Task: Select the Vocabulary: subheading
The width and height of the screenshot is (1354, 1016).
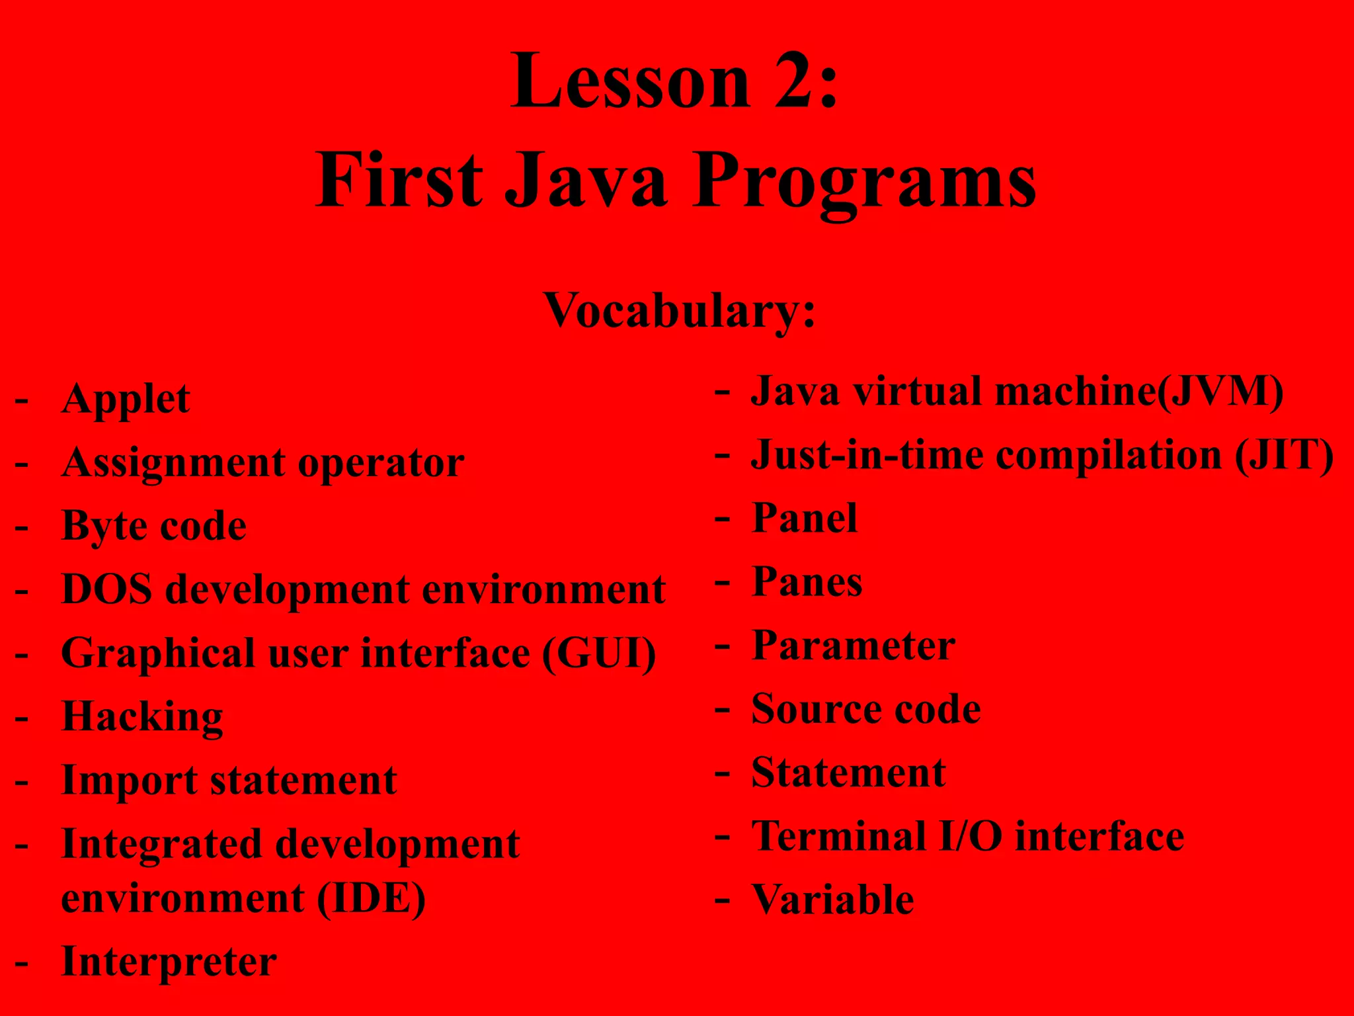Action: (x=679, y=310)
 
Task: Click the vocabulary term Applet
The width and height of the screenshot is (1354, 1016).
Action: (x=126, y=399)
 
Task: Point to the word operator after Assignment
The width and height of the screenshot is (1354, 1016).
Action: (x=381, y=463)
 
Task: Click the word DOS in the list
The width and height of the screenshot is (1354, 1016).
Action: (x=106, y=589)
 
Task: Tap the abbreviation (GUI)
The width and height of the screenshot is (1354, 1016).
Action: (x=599, y=654)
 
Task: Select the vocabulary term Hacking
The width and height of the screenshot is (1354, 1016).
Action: (x=142, y=717)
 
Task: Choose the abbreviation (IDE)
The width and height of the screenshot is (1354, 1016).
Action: (x=371, y=898)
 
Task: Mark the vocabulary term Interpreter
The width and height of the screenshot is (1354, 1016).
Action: (x=169, y=962)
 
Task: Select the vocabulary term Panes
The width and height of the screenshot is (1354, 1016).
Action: (x=807, y=582)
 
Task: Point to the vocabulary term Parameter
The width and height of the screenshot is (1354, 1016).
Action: (x=854, y=646)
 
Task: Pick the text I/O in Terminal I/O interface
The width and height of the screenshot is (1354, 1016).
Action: (x=971, y=836)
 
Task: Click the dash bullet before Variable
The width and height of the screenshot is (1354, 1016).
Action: (x=723, y=900)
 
